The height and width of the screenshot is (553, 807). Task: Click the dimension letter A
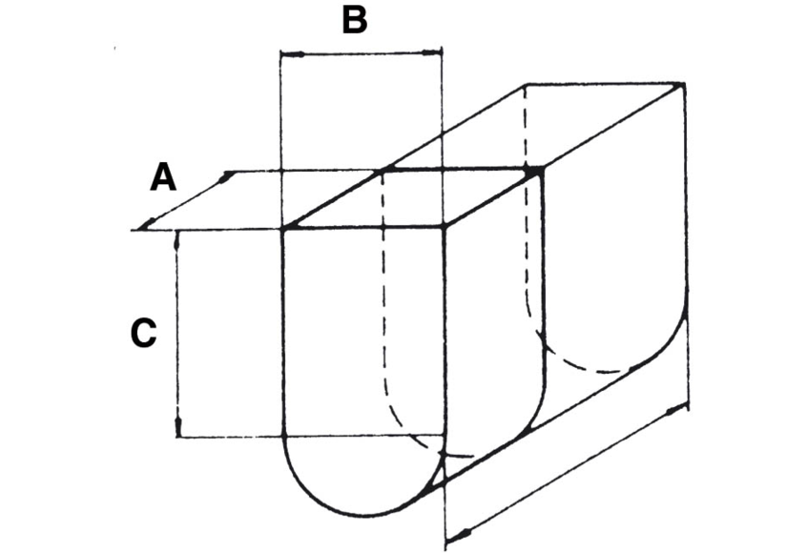163,177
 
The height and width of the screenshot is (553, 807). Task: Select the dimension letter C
142,334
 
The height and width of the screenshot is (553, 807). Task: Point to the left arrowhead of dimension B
286,53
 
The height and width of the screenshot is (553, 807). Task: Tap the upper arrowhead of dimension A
227,176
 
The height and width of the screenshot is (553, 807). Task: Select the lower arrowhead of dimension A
144,225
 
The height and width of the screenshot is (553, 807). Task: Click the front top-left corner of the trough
283,228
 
